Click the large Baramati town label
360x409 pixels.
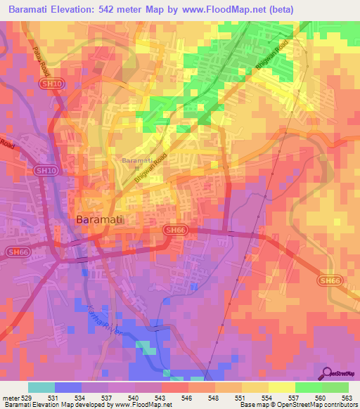[x=99, y=219]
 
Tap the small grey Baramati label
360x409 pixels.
[x=135, y=161]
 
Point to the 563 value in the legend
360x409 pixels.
[x=347, y=397]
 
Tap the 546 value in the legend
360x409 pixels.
[x=188, y=397]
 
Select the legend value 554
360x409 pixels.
[x=268, y=397]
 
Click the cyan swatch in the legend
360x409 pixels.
[x=41, y=387]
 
